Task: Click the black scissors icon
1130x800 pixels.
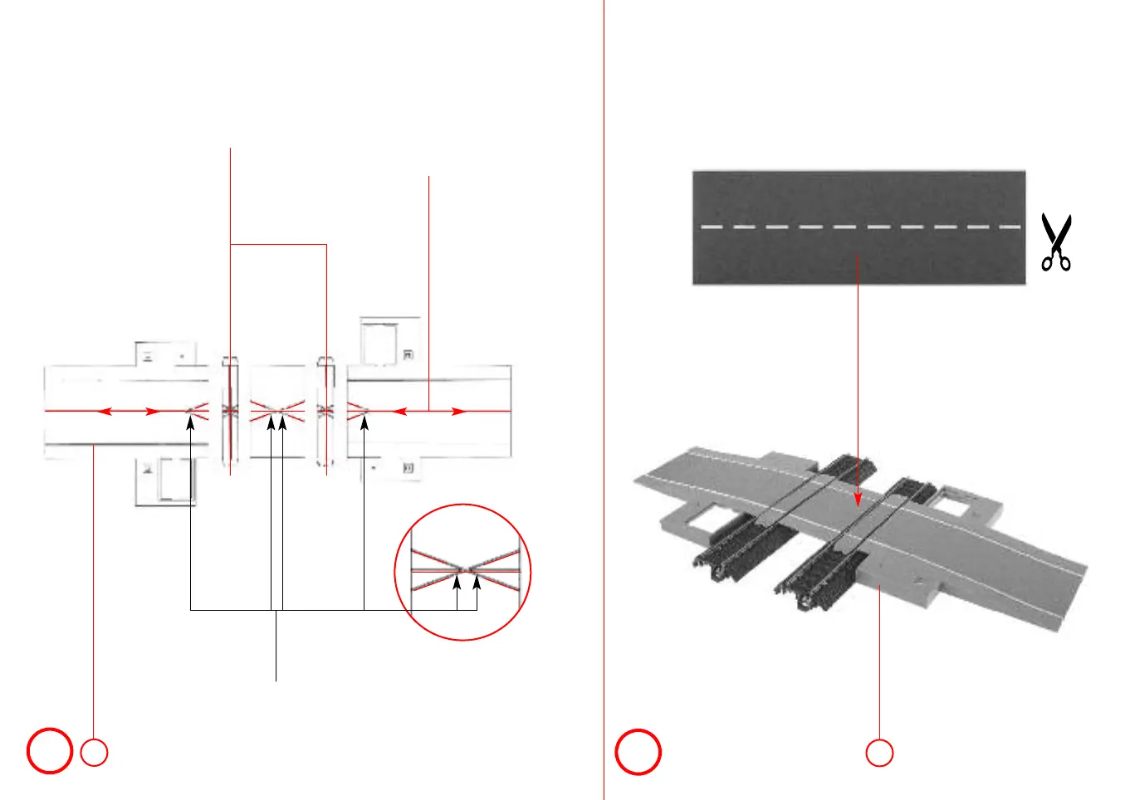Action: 1056,242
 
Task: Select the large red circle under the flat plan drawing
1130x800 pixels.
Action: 50,751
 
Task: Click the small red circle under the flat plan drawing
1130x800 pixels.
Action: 95,752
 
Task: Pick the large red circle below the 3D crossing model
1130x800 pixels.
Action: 638,752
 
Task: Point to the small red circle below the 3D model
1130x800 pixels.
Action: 879,753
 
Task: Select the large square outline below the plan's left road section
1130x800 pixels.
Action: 176,480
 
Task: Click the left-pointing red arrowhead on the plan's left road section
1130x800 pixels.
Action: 103,411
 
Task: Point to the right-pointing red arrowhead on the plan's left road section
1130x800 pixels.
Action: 153,411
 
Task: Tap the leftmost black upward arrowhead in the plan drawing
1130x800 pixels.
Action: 191,423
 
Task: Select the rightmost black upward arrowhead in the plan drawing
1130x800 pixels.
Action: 364,423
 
